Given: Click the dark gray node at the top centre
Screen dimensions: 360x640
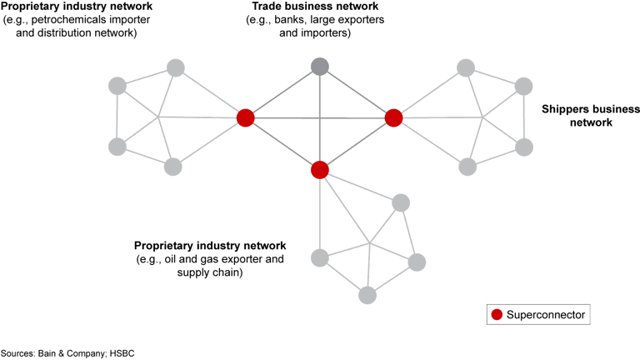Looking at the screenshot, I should coord(319,66).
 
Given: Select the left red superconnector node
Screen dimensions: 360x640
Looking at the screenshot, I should coord(245,117).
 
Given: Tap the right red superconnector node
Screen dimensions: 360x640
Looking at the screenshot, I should coord(393,117).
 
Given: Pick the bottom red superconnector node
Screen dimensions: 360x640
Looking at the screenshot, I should coord(319,170).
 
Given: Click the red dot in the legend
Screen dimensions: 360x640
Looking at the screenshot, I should coord(497,315).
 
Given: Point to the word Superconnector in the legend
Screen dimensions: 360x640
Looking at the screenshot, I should coord(547,315).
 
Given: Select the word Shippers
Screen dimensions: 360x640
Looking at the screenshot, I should coord(567,109).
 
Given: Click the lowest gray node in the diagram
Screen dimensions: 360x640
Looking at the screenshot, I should coord(367,294).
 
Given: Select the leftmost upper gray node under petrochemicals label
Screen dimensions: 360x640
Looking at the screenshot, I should coord(117,85).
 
